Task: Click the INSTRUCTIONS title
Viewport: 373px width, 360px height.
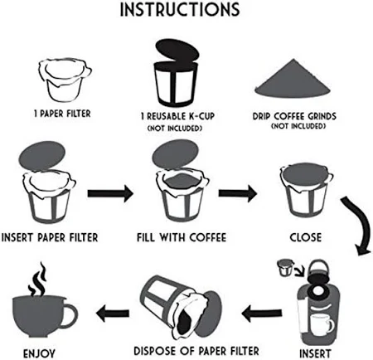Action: (180, 9)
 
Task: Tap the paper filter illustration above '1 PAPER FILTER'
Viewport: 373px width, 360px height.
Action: (65, 79)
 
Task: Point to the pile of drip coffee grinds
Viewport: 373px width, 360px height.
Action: (293, 80)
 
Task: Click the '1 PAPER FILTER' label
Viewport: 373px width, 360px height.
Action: (62, 114)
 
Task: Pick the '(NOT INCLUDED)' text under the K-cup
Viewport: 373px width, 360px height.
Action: (175, 129)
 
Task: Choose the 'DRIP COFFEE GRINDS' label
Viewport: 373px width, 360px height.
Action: (294, 116)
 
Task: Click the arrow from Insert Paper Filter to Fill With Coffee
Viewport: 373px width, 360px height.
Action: (110, 193)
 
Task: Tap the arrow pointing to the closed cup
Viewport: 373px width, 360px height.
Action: (238, 193)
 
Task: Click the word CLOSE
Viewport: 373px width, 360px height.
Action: (306, 237)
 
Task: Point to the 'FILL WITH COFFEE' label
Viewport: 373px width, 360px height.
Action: (182, 237)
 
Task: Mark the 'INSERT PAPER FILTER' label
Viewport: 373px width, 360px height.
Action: (50, 237)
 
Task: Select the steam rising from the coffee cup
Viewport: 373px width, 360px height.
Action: (38, 280)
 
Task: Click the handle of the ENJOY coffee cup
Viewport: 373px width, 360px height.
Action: (70, 315)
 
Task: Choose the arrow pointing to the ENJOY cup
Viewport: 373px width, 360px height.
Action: (113, 314)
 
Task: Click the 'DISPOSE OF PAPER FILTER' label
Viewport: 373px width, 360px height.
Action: (196, 351)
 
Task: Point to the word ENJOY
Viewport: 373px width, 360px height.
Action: (39, 353)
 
